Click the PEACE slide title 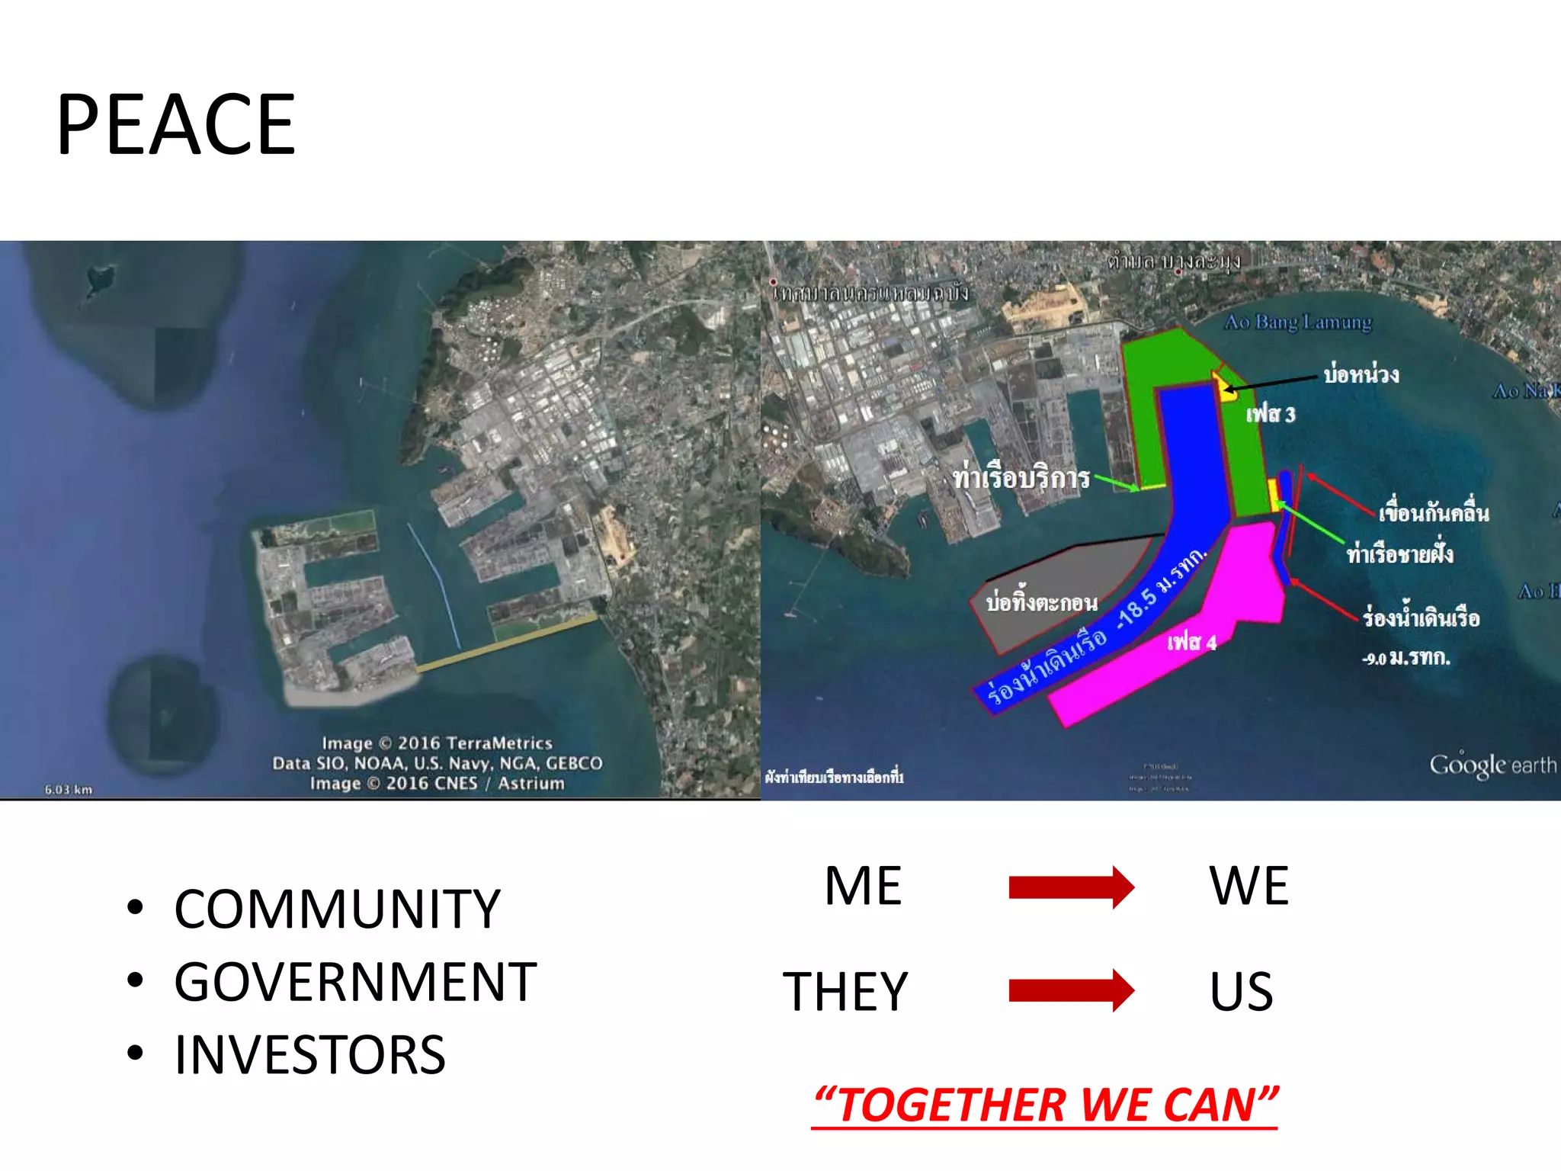click(x=176, y=124)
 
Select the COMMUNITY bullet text click(x=337, y=909)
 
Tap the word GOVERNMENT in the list click(x=355, y=982)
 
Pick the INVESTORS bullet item click(x=309, y=1055)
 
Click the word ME click(x=863, y=886)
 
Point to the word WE click(x=1248, y=886)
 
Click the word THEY click(x=845, y=991)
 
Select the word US click(x=1241, y=991)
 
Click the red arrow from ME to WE click(x=1071, y=887)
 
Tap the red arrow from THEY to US click(x=1071, y=990)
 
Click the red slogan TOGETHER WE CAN click(x=1045, y=1105)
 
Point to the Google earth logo click(x=1492, y=765)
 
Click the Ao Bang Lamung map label click(x=1297, y=322)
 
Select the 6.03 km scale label click(x=68, y=789)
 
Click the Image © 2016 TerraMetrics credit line click(x=437, y=743)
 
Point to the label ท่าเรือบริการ click(x=1021, y=478)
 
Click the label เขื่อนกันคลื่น click(x=1433, y=512)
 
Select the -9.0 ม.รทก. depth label click(x=1406, y=657)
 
